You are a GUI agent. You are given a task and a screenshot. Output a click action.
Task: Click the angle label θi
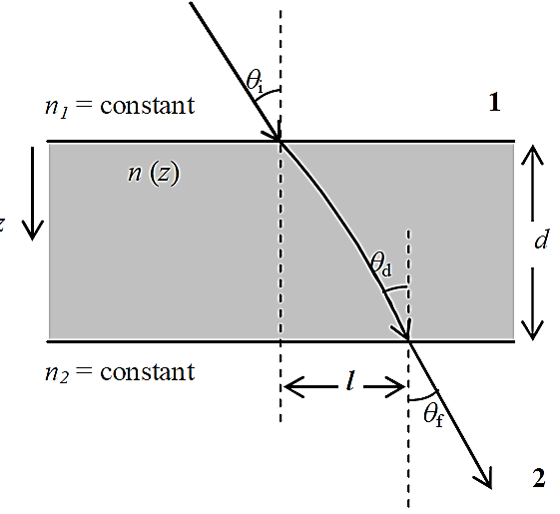coord(255,82)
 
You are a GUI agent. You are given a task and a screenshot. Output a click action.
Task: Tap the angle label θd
coord(381,264)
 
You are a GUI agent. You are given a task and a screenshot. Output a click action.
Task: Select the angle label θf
coord(433,416)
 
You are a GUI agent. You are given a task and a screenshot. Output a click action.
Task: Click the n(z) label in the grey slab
coord(154,174)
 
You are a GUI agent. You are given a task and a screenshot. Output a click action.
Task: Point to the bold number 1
coord(494,103)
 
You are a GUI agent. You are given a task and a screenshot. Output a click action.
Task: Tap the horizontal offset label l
coord(350,380)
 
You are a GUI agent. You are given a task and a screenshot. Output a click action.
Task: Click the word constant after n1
coord(147,106)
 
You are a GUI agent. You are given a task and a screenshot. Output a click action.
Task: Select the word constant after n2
coord(147,372)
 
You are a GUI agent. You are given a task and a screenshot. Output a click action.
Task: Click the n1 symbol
coord(56,108)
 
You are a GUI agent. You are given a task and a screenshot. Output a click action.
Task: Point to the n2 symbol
coord(57,374)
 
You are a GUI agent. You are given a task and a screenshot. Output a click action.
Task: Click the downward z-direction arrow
coord(33,194)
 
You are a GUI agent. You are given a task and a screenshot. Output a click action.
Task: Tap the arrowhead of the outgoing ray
coord(484,478)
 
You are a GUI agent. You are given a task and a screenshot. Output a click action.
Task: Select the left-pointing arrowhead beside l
coord(293,386)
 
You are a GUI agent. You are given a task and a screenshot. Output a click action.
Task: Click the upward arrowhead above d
coord(532,155)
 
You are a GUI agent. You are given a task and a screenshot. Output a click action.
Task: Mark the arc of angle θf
coord(424,397)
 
